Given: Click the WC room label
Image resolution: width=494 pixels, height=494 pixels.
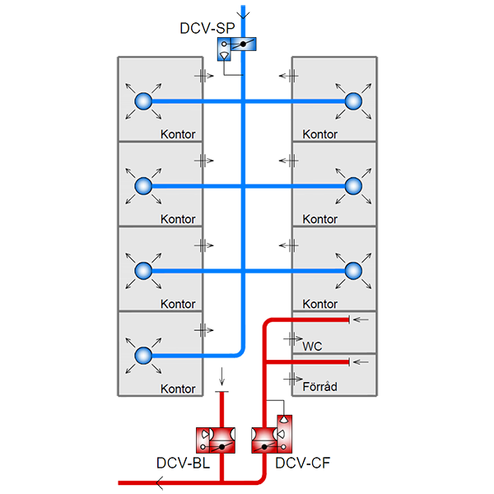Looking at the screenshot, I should pos(314,347).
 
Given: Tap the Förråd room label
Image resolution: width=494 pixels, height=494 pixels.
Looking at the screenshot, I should pos(320,385).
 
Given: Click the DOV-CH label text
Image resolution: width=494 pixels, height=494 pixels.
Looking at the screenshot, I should pos(302,464).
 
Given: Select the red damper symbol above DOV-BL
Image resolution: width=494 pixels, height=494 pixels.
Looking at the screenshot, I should pos(217,436).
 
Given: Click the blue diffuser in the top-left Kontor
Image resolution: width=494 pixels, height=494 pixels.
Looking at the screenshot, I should pos(141,101).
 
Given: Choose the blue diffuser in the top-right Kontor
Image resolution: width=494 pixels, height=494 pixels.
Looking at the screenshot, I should pos(353,101).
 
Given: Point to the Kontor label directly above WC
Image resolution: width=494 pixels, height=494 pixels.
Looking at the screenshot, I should pos(320,305).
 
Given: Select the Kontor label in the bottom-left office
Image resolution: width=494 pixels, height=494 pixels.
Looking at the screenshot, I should pos(178,389).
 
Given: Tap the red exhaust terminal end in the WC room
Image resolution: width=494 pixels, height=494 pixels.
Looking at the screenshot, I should pos(352,319).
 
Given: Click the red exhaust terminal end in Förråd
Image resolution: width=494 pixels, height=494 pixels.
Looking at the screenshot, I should pos(352,361).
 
